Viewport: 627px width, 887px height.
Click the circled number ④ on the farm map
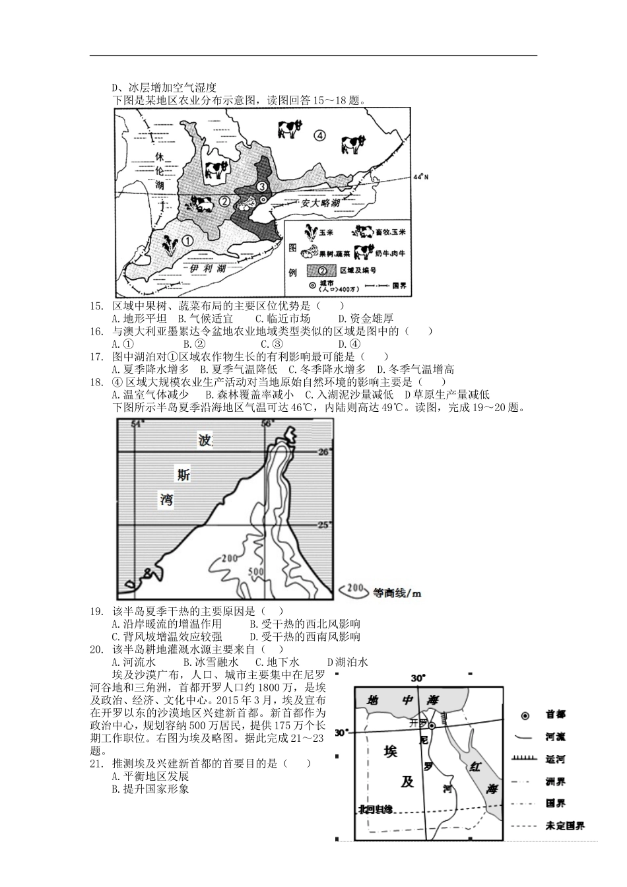(319, 135)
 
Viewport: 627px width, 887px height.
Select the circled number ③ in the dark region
(261, 187)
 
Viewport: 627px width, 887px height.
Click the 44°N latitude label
(420, 177)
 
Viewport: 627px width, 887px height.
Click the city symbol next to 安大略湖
(263, 199)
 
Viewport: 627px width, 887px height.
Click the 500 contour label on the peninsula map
(255, 572)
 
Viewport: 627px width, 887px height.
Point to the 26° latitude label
(323, 452)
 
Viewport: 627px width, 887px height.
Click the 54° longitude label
(137, 424)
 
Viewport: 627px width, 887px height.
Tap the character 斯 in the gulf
(183, 473)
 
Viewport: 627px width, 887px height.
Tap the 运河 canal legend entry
(554, 759)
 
